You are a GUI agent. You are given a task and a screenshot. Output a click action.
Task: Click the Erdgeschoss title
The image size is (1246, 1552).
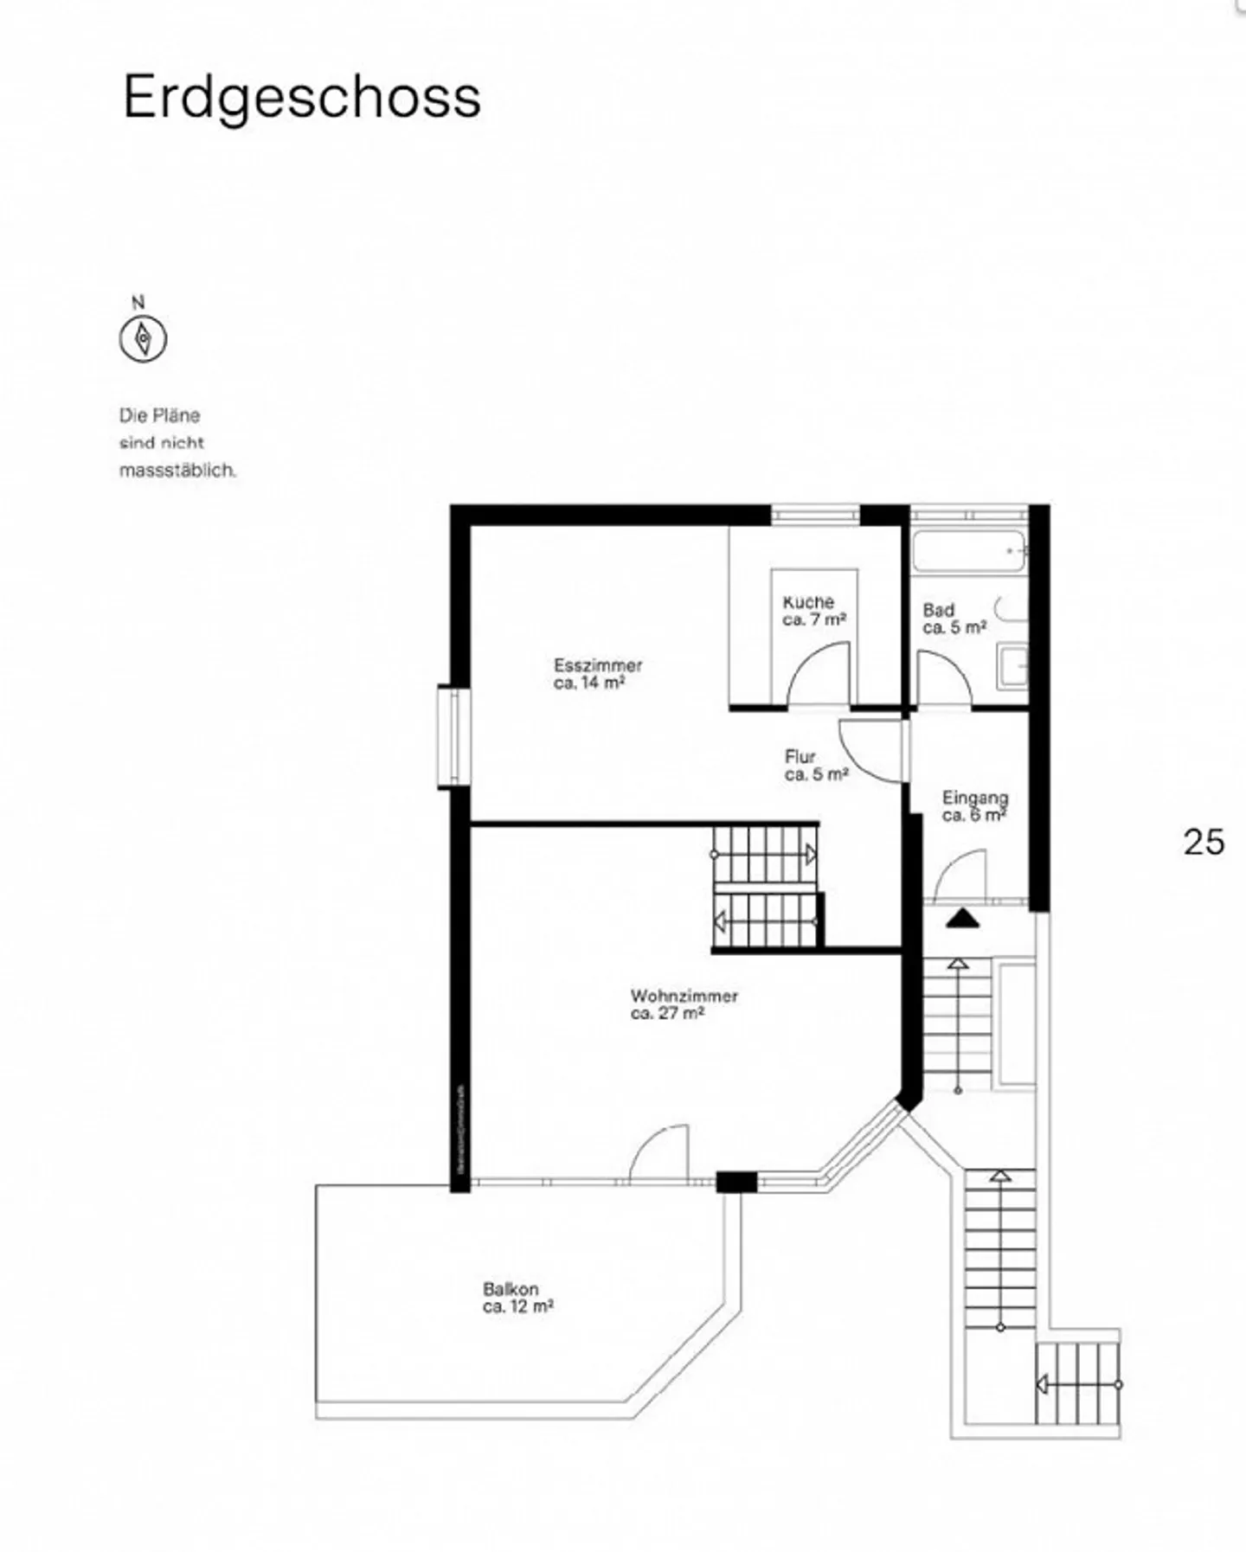[301, 98]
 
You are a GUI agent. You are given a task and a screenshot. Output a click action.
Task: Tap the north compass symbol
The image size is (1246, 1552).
[143, 338]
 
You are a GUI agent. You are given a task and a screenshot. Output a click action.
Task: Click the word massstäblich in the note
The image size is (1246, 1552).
[177, 471]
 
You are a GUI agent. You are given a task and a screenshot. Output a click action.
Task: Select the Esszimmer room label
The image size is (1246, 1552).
[597, 673]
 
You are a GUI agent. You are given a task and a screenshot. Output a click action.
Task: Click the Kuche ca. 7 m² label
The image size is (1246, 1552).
[812, 610]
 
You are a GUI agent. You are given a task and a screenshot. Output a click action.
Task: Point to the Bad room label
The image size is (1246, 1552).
[953, 619]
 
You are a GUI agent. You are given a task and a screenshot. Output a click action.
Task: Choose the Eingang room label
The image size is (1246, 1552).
[974, 805]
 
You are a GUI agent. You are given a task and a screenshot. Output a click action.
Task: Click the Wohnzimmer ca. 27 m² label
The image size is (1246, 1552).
[684, 1004]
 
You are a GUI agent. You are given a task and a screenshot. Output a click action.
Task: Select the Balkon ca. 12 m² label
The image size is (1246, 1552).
[517, 1298]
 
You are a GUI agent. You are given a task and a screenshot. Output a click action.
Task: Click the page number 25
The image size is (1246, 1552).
[1204, 842]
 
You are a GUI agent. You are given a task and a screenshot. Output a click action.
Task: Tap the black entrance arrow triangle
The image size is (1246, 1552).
[961, 919]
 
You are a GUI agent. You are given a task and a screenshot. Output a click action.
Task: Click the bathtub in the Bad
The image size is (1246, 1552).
[969, 551]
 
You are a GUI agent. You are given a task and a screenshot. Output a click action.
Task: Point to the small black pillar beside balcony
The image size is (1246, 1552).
[736, 1182]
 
